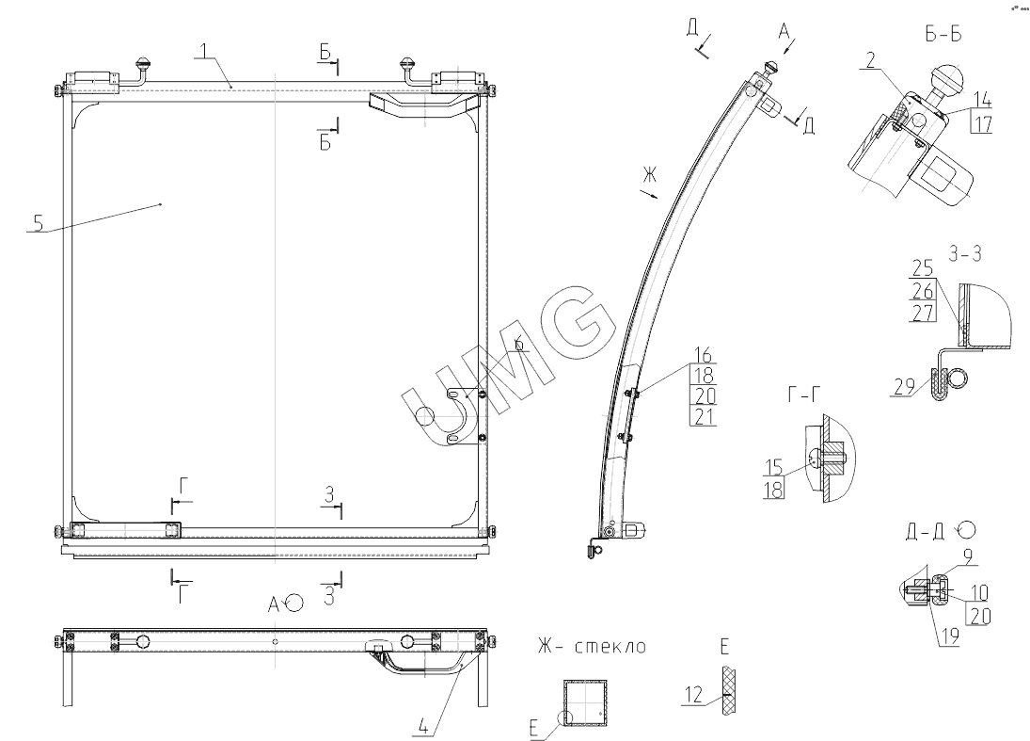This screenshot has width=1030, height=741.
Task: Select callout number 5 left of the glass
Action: (x=39, y=223)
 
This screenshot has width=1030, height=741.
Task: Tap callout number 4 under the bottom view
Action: (x=423, y=727)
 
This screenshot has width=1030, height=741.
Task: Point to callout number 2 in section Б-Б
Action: (x=871, y=60)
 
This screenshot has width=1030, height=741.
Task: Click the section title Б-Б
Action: (x=943, y=34)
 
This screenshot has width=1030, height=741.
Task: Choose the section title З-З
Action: (x=965, y=254)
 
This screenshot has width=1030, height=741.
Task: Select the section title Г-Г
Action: (x=804, y=394)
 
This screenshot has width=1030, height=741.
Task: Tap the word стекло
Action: (x=610, y=646)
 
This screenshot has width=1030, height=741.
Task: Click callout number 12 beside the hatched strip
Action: (x=693, y=695)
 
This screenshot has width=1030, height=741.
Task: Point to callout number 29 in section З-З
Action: (x=905, y=386)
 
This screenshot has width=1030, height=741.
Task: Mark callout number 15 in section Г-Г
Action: (x=774, y=468)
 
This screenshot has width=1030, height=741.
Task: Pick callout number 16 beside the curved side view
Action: (x=703, y=355)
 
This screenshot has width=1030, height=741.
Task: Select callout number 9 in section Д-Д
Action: (x=968, y=556)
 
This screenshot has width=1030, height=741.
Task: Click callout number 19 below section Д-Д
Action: (x=949, y=636)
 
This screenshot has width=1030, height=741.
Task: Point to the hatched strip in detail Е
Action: (x=728, y=690)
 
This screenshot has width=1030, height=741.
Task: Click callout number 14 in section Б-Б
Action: (x=982, y=99)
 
